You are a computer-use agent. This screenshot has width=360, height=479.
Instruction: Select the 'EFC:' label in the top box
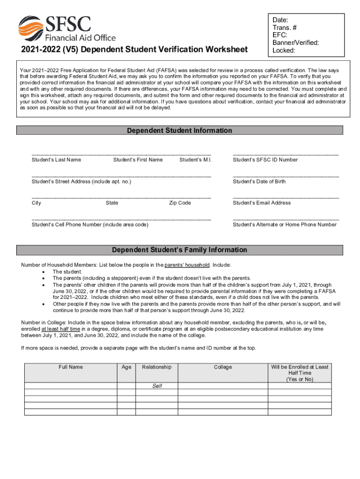pyautogui.click(x=280, y=35)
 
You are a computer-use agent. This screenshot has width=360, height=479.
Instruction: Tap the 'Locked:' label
pyautogui.click(x=284, y=50)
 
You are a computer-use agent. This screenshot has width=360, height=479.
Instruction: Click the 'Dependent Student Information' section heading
pyautogui.click(x=180, y=131)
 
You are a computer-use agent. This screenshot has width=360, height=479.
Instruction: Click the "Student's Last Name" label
pyautogui.click(x=56, y=160)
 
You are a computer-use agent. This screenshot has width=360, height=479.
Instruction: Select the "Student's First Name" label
pyautogui.click(x=138, y=160)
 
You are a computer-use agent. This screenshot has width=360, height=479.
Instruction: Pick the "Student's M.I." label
pyautogui.click(x=195, y=160)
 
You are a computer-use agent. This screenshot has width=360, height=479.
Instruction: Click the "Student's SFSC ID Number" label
pyautogui.click(x=265, y=160)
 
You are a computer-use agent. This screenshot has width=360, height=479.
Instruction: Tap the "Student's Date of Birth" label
pyautogui.click(x=259, y=181)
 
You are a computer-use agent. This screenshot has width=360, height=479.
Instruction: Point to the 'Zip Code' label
pyautogui.click(x=180, y=203)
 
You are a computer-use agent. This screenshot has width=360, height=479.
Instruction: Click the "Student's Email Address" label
pyautogui.click(x=262, y=203)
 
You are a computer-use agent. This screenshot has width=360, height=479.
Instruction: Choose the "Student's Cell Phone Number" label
pyautogui.click(x=90, y=225)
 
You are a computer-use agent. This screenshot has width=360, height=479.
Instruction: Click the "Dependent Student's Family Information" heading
pyautogui.click(x=180, y=250)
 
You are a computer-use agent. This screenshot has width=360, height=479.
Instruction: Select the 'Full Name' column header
pyautogui.click(x=71, y=367)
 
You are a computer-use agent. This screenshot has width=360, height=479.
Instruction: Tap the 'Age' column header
pyautogui.click(x=126, y=367)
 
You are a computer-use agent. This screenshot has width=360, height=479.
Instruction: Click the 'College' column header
pyautogui.click(x=223, y=367)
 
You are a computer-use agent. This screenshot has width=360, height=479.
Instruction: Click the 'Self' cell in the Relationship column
pyautogui.click(x=157, y=386)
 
